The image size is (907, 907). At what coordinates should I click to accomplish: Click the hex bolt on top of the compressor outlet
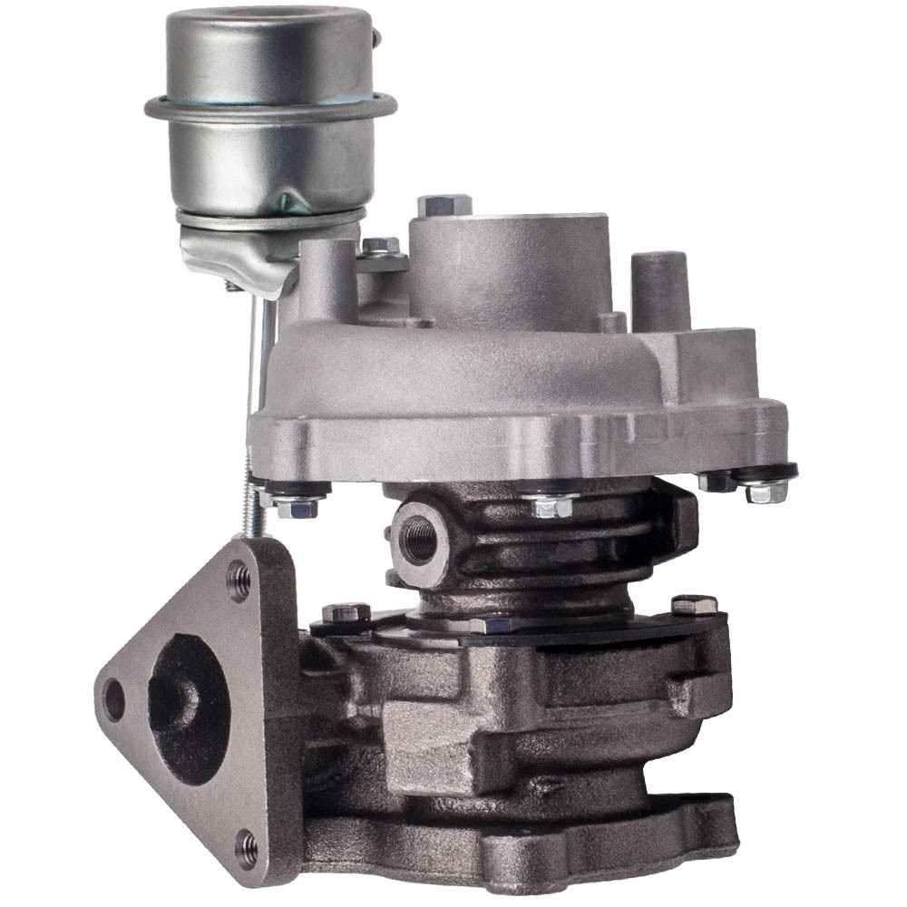[x=444, y=205]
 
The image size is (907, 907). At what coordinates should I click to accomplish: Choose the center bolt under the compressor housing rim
[x=552, y=503]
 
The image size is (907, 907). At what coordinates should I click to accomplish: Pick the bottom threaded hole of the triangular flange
[x=246, y=848]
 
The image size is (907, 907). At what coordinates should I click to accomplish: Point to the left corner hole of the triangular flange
[x=114, y=699]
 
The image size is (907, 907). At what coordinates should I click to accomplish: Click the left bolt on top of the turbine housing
[x=346, y=613]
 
